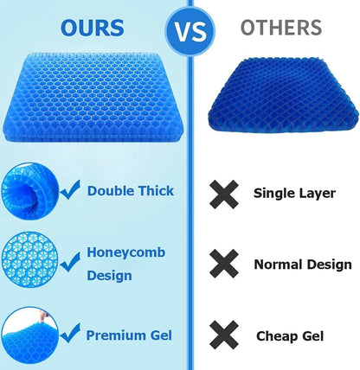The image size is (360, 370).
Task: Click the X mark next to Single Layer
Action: [x=225, y=193]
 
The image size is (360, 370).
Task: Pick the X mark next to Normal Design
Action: [x=225, y=263]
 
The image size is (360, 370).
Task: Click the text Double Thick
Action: [x=130, y=191]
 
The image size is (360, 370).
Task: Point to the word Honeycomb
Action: [x=122, y=252]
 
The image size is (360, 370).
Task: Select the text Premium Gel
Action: [x=127, y=335]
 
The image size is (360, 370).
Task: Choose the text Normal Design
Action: [x=302, y=264]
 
